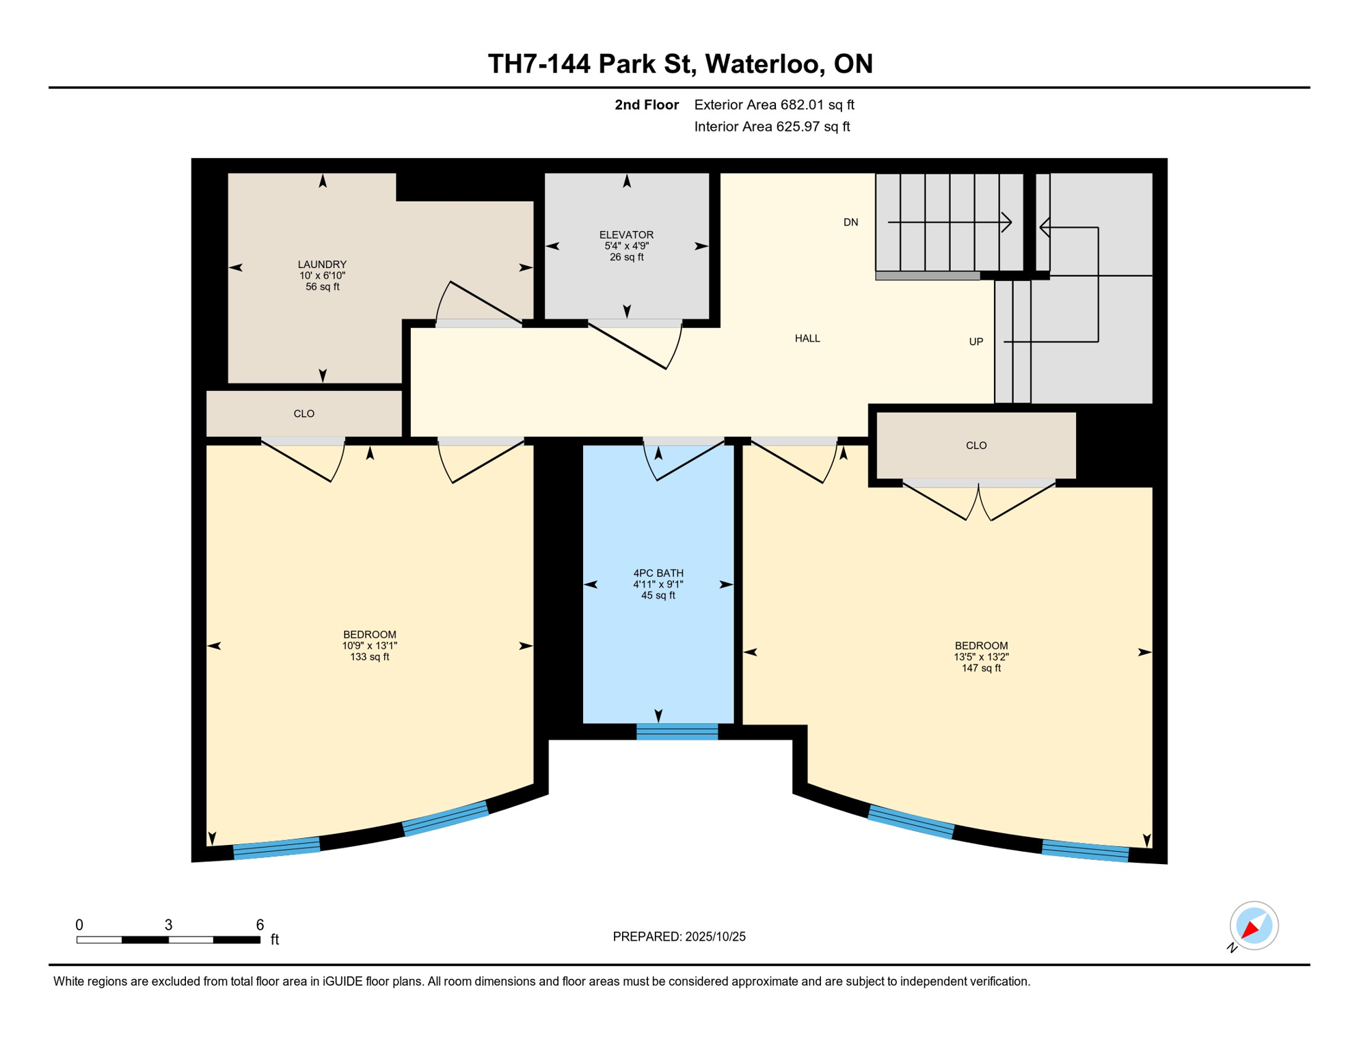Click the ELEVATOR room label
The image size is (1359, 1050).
click(x=626, y=234)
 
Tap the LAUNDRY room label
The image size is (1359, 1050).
click(x=322, y=264)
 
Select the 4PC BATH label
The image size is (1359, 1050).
click(x=658, y=573)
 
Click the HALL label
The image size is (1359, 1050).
click(x=807, y=338)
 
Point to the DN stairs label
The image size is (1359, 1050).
click(x=850, y=222)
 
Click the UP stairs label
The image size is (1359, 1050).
click(x=975, y=342)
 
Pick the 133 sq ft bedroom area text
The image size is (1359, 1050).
click(x=369, y=657)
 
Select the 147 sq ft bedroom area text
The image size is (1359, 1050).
click(x=981, y=668)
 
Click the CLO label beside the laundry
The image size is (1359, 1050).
click(x=304, y=414)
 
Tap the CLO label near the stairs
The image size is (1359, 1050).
click(x=975, y=446)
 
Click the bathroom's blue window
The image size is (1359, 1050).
click(x=677, y=731)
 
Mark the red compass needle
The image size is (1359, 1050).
click(x=1250, y=929)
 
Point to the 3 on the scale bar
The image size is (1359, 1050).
click(x=168, y=925)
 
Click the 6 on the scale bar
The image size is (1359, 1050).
click(x=260, y=925)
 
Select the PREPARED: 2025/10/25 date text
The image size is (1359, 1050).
click(x=679, y=937)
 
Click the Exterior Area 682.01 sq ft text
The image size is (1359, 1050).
click(x=774, y=105)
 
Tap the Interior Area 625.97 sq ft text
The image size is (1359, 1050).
click(x=772, y=126)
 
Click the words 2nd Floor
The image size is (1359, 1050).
click(x=646, y=105)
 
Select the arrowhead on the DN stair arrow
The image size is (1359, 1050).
click(x=1007, y=222)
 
